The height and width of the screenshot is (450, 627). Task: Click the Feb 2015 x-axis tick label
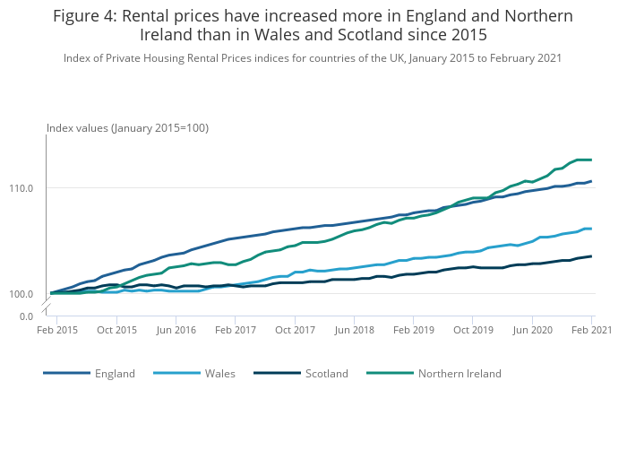pyautogui.click(x=57, y=330)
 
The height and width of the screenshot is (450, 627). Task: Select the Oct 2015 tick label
pyautogui.click(x=116, y=330)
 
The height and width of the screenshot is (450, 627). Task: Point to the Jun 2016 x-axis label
pyautogui.click(x=176, y=330)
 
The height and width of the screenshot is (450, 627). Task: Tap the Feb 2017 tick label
pyautogui.click(x=235, y=330)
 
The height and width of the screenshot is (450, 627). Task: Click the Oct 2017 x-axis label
pyautogui.click(x=295, y=330)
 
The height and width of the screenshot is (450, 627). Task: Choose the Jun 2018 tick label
pyautogui.click(x=354, y=330)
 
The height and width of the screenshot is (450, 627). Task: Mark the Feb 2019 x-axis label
pyautogui.click(x=414, y=330)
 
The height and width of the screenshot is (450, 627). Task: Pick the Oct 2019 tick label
pyautogui.click(x=473, y=330)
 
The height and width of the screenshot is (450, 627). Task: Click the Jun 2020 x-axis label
pyautogui.click(x=532, y=330)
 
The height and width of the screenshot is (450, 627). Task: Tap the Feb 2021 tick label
pyautogui.click(x=592, y=330)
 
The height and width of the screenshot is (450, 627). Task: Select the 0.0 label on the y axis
pyautogui.click(x=27, y=316)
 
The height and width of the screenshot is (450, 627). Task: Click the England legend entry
pyautogui.click(x=114, y=373)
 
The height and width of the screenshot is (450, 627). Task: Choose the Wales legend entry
pyautogui.click(x=219, y=373)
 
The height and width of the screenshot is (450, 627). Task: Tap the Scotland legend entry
pyautogui.click(x=326, y=373)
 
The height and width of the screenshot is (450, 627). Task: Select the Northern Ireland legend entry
pyautogui.click(x=460, y=373)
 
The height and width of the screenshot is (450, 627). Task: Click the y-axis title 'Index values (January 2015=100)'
pyautogui.click(x=127, y=128)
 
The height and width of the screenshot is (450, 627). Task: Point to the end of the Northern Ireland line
pyautogui.click(x=591, y=160)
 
